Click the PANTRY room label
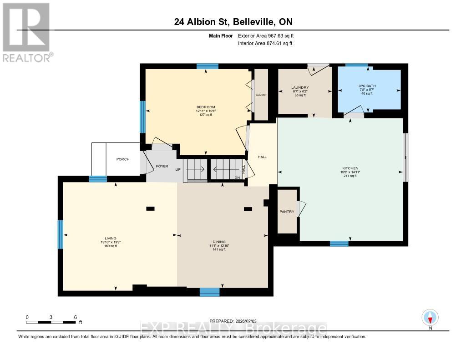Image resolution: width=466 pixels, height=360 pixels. pos(287,212)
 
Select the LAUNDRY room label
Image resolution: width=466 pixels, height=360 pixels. pos(300,87)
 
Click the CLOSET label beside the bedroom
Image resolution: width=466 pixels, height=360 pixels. pos(261,95)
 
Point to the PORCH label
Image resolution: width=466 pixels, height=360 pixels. pos(123,159)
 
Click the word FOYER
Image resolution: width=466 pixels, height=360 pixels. pos(162,166)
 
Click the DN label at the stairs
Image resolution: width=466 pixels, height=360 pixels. pos(237,177)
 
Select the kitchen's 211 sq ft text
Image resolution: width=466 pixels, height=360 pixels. pos(350,176)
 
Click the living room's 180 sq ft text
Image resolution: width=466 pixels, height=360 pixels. pos(111,246)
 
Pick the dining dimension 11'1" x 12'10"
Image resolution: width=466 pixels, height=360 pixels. pos(222,246)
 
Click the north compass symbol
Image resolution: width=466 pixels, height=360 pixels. pos(430,317)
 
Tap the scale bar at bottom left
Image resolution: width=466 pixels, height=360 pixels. pos(51,322)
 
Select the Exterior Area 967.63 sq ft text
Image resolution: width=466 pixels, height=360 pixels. pos(269,35)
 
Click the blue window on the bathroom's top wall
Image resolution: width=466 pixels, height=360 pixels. pos(356,65)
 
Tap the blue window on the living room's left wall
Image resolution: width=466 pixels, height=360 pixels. pos(61,234)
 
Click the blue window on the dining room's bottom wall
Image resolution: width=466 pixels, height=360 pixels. pos(209,292)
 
